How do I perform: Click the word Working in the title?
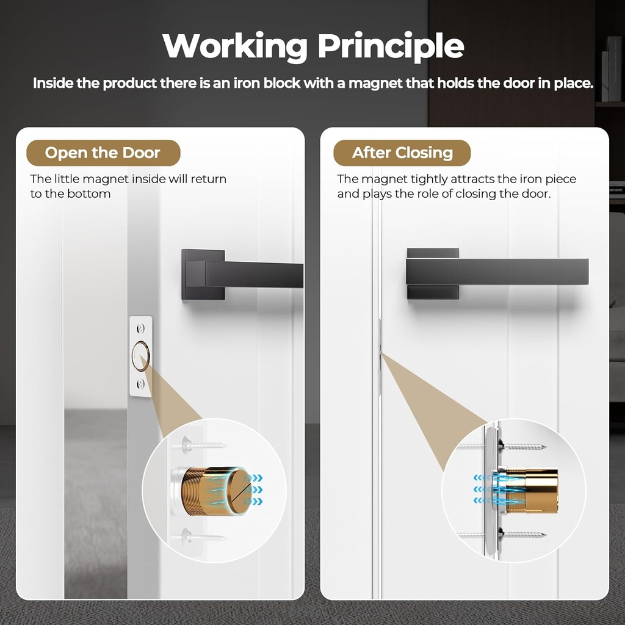234,47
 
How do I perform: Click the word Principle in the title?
391,47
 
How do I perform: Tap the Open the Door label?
103,153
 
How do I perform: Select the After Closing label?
402,153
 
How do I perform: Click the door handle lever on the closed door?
497,272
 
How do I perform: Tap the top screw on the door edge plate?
140,328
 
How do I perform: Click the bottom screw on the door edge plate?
140,384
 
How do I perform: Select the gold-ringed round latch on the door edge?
140,356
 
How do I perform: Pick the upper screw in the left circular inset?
204,444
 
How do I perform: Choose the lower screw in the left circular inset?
204,536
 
